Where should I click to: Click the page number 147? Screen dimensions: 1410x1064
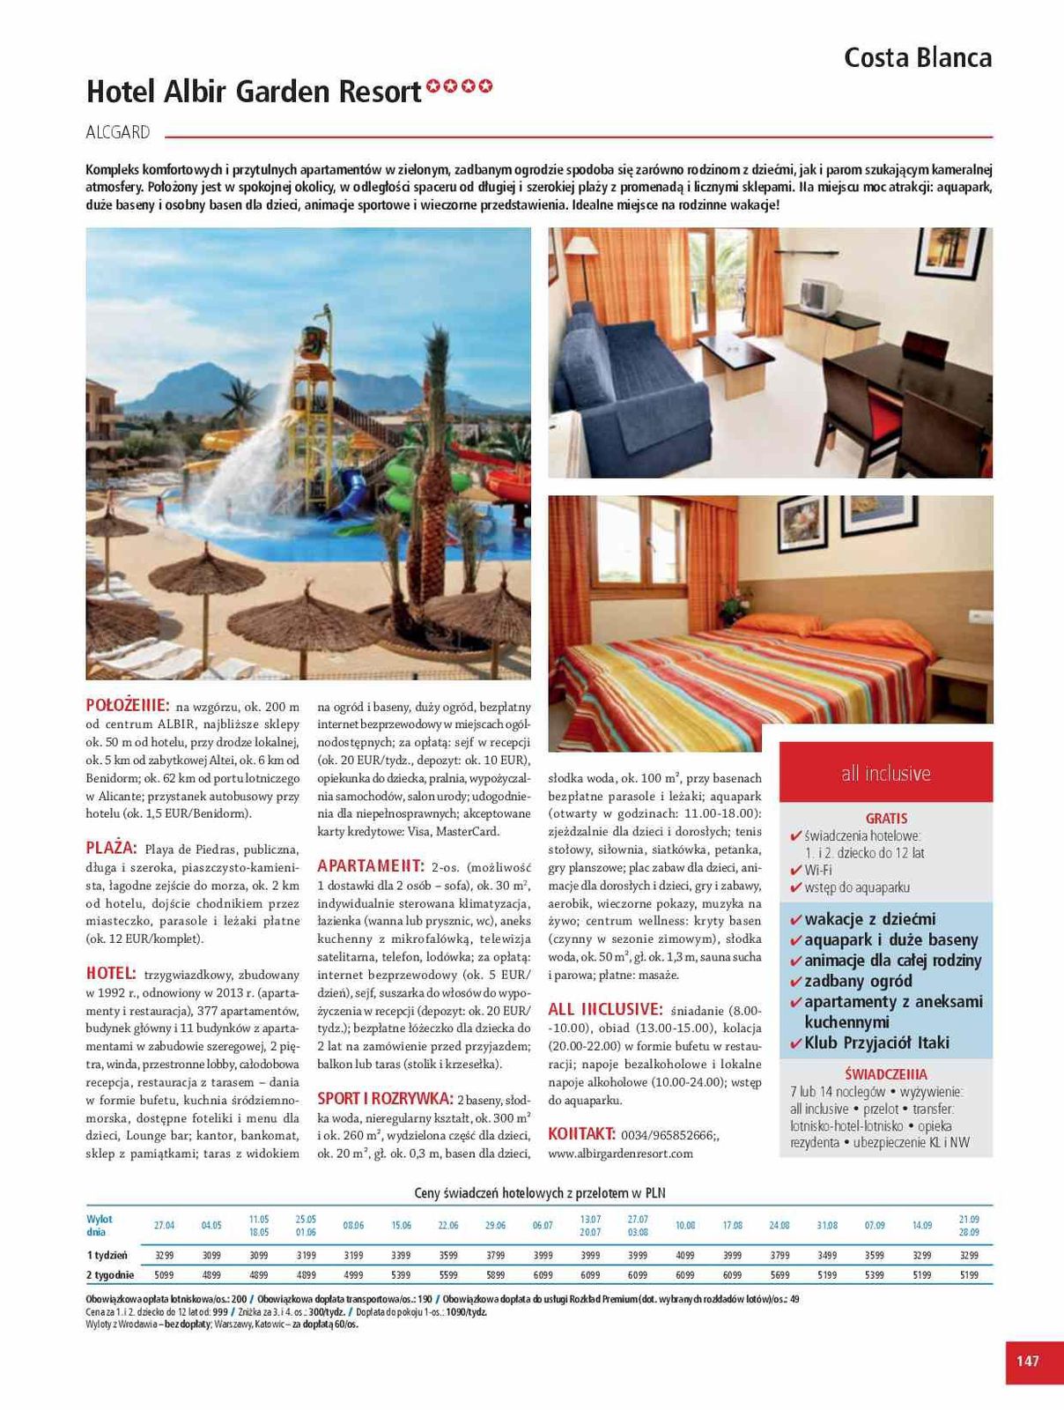(x=1027, y=1361)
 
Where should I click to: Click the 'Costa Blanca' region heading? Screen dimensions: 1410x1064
(x=917, y=58)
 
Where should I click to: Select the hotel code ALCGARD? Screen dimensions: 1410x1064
(x=118, y=133)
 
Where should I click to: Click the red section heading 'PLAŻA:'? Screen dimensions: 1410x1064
(x=111, y=849)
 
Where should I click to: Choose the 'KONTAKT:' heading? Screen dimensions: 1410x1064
(x=581, y=1134)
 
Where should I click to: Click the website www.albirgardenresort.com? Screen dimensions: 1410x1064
(x=620, y=1154)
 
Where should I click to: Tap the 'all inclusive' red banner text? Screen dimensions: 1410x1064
(x=885, y=774)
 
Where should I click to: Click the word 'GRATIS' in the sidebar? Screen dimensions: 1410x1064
(x=885, y=819)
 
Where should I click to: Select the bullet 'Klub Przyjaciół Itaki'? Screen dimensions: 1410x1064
(x=876, y=1043)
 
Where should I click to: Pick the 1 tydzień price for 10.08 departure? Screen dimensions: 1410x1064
(x=684, y=1256)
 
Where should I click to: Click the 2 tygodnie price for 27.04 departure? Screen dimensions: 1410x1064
(x=164, y=1275)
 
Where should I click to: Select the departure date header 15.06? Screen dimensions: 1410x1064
(x=401, y=1226)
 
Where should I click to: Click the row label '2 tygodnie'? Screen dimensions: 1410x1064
(x=110, y=1275)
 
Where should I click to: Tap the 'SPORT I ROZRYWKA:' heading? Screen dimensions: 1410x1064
(x=385, y=1099)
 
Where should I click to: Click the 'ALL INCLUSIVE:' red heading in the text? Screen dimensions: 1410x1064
(x=605, y=1009)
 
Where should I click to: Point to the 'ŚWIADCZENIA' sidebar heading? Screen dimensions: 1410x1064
(x=885, y=1074)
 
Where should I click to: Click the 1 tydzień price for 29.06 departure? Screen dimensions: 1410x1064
(x=495, y=1256)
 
